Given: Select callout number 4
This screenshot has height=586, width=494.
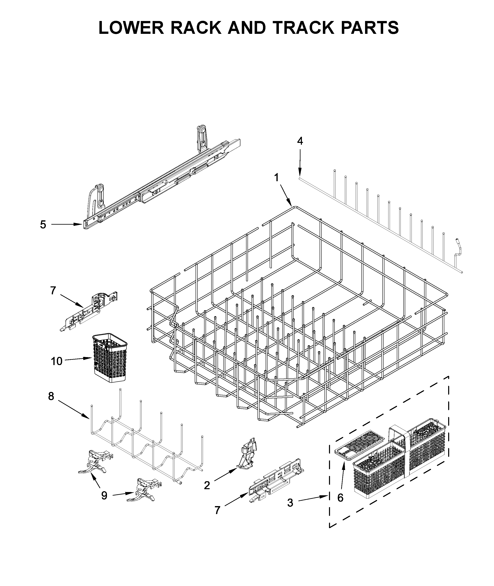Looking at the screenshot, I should point(300,141).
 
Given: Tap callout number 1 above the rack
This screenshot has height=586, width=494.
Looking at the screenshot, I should point(276,177).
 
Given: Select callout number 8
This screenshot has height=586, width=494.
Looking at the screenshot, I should point(51,396).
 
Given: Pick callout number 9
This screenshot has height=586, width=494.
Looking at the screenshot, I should point(104,496).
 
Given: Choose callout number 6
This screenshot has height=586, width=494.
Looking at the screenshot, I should point(340,498).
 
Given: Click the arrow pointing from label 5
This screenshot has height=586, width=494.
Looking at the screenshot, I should point(67,224).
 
